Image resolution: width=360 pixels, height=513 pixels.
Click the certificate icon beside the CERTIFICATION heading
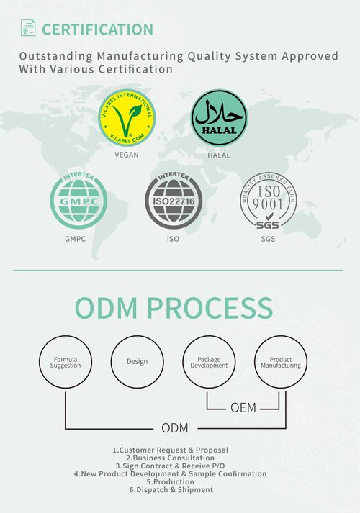(x=28, y=28)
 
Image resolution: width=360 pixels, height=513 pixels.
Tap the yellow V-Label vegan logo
(x=127, y=118)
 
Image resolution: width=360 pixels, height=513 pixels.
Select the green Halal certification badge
(x=219, y=118)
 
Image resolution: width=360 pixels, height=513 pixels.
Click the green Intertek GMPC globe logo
(x=78, y=200)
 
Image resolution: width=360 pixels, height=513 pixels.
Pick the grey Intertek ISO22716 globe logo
(x=174, y=200)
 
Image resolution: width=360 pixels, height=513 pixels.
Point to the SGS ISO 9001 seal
(x=269, y=200)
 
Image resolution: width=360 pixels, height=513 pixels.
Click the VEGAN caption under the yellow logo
(x=127, y=155)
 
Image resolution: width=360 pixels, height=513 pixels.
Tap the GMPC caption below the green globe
(x=76, y=239)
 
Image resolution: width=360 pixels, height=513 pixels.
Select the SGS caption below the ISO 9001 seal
(x=268, y=239)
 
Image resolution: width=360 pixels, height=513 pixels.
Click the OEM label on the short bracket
(x=243, y=408)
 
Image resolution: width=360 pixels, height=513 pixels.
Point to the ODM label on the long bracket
(x=175, y=428)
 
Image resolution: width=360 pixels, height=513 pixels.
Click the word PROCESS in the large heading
(x=210, y=308)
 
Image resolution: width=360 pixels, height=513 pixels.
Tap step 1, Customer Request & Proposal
(x=171, y=450)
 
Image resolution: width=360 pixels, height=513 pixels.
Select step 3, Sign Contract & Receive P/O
(x=170, y=466)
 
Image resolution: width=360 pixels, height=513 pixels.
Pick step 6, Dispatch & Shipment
(x=171, y=490)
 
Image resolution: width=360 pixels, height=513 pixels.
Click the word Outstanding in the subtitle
(x=56, y=56)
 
